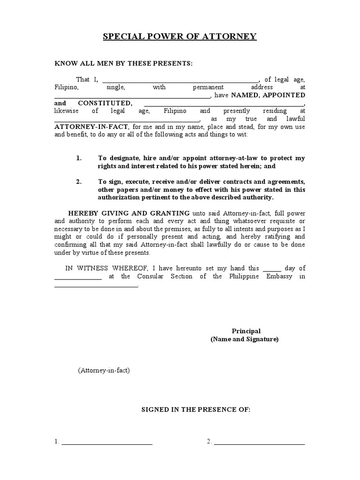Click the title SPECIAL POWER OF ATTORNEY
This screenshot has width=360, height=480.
[180, 37]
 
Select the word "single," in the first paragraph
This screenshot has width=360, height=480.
[115, 88]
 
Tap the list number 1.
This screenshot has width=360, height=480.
[79, 158]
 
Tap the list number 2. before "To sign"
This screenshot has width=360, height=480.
[79, 182]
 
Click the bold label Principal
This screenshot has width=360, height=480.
[246, 331]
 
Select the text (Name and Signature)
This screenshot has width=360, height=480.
[244, 339]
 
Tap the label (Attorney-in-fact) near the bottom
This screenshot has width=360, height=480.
[104, 370]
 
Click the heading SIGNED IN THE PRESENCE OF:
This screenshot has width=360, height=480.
[196, 410]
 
